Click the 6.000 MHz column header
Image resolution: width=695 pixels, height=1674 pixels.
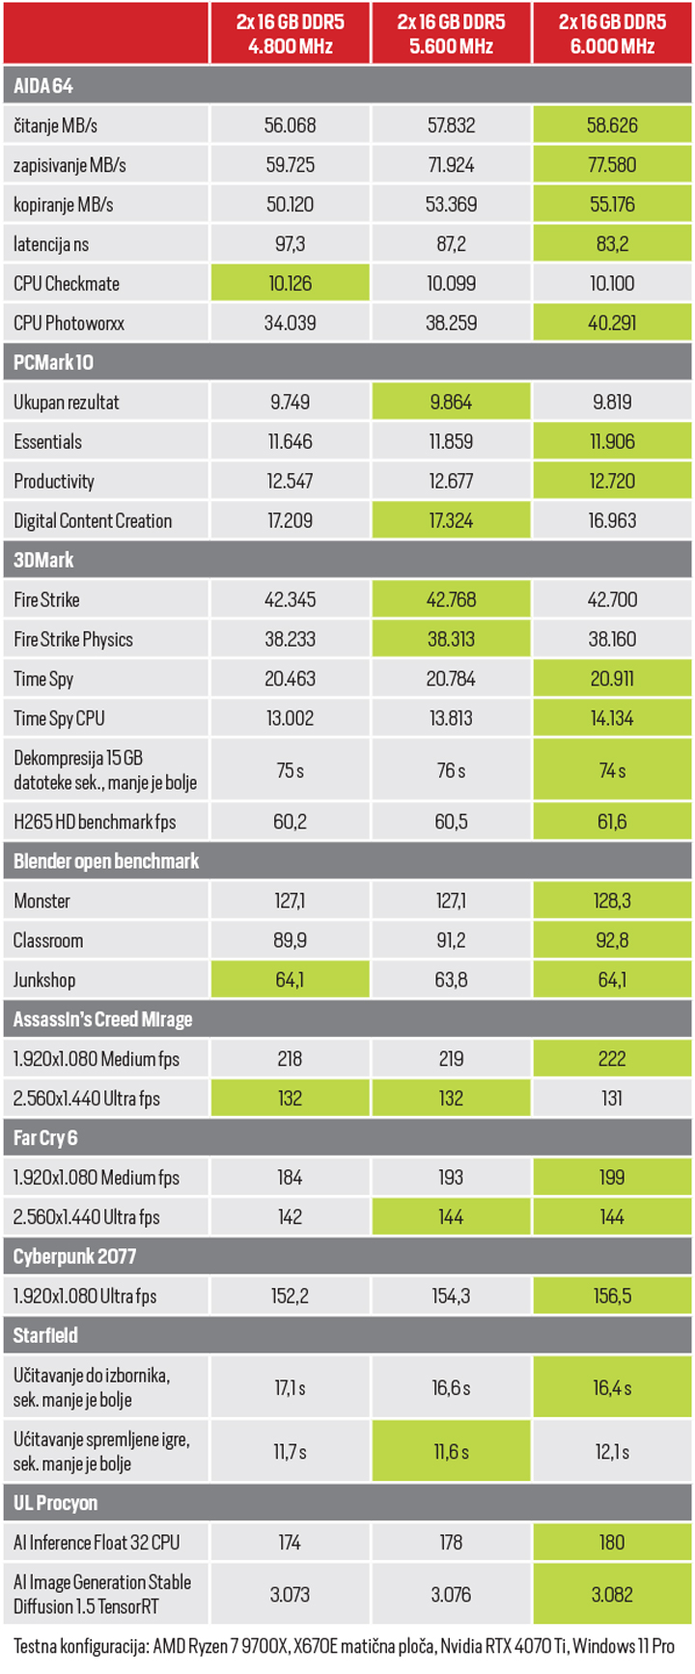tap(612, 34)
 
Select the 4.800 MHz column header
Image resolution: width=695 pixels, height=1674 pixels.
tap(290, 34)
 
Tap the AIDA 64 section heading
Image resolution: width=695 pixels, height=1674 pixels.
tap(43, 86)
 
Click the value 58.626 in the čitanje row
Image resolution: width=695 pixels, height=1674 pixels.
tap(612, 126)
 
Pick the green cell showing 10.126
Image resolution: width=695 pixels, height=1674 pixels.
tap(290, 284)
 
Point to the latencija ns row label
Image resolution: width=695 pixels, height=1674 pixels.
tap(51, 244)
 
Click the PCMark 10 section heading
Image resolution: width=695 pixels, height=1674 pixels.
tap(53, 363)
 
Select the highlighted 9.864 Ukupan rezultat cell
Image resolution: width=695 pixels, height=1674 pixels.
tap(451, 403)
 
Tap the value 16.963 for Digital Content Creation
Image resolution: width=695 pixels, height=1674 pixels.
tap(612, 521)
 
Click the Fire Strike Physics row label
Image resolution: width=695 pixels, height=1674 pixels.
tap(73, 640)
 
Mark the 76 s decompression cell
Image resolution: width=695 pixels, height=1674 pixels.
tap(451, 771)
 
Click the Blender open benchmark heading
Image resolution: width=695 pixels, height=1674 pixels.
tap(106, 861)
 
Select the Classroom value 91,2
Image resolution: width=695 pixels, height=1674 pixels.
tap(451, 941)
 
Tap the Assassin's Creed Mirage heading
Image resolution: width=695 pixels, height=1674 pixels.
tap(102, 1019)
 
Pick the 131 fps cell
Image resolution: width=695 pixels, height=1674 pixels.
tap(612, 1099)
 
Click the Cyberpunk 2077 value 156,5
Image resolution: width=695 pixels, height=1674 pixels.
tap(612, 1297)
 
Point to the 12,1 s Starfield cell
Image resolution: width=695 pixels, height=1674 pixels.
tap(612, 1452)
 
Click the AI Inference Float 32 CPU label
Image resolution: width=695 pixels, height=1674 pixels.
tap(97, 1543)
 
